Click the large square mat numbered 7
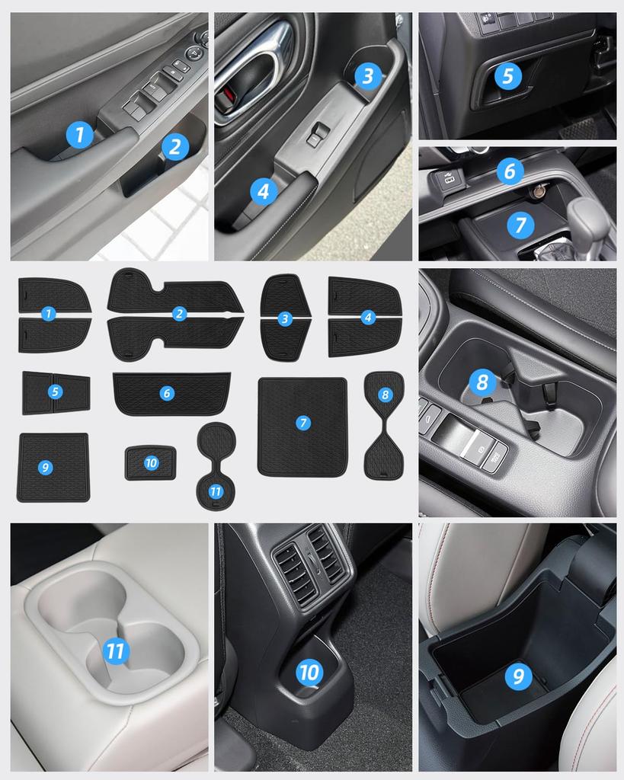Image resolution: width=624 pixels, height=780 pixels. pyautogui.click(x=302, y=427)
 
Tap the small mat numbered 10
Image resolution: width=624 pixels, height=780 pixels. pyautogui.click(x=150, y=463)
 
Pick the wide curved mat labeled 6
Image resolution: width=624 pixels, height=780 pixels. pyautogui.click(x=171, y=393)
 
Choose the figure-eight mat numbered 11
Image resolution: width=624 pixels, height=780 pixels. pyautogui.click(x=216, y=466)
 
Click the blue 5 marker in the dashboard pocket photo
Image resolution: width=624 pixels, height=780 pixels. pyautogui.click(x=507, y=75)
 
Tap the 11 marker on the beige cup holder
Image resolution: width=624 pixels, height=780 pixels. pyautogui.click(x=115, y=651)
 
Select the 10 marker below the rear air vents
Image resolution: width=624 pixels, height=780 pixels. pyautogui.click(x=309, y=672)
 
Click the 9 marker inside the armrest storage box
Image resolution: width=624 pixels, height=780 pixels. pyautogui.click(x=518, y=676)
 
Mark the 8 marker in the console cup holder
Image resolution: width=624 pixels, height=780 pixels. pyautogui.click(x=482, y=381)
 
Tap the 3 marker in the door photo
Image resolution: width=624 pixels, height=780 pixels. pyautogui.click(x=368, y=75)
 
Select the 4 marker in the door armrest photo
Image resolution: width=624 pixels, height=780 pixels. pyautogui.click(x=263, y=191)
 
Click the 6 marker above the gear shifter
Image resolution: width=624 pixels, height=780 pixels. pyautogui.click(x=510, y=171)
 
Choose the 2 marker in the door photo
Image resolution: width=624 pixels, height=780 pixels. pyautogui.click(x=174, y=147)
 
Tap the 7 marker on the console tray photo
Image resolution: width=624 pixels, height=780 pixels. pyautogui.click(x=520, y=224)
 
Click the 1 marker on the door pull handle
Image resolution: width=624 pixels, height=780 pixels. pyautogui.click(x=79, y=135)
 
